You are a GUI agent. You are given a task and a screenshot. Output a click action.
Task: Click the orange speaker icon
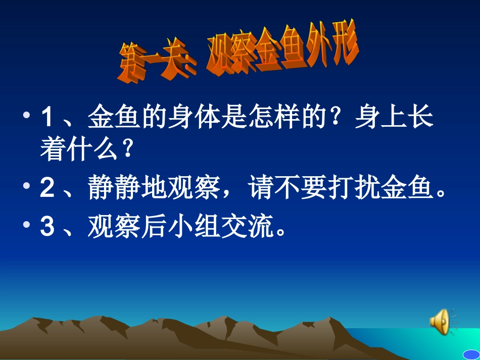click(x=440, y=321)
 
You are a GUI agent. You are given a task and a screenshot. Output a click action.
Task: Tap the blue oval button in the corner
click(x=471, y=354)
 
